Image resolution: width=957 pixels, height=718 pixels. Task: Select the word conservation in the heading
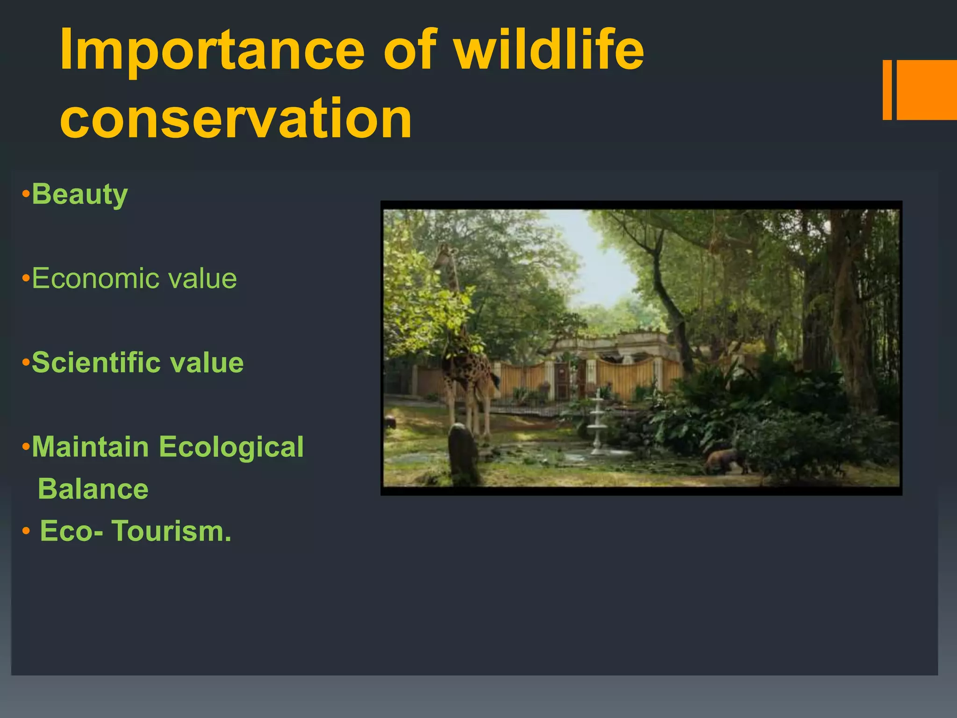click(x=236, y=119)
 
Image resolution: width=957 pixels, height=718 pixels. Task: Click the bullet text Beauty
click(x=79, y=194)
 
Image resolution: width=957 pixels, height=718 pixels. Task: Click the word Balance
click(x=93, y=489)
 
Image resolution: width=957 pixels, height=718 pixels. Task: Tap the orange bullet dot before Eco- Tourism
click(x=26, y=531)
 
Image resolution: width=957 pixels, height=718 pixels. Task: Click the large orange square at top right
click(x=927, y=90)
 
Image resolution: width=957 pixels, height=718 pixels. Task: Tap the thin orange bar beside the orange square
click(x=887, y=90)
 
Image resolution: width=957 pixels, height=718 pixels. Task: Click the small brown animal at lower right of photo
click(x=724, y=460)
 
